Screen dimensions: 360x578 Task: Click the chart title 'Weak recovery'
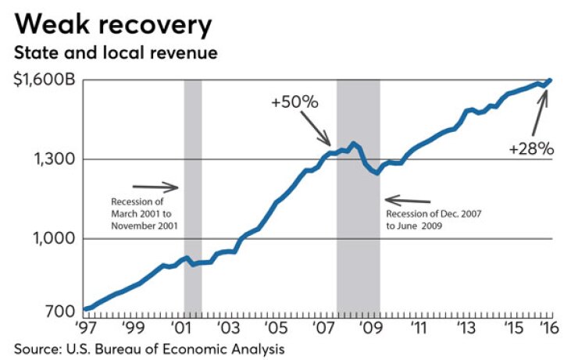tap(112, 25)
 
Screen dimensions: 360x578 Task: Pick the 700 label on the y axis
tap(62, 312)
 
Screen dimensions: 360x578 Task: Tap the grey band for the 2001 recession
tap(192, 195)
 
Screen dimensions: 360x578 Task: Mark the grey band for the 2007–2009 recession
tap(358, 195)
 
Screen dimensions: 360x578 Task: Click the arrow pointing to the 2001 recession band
tap(156, 187)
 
